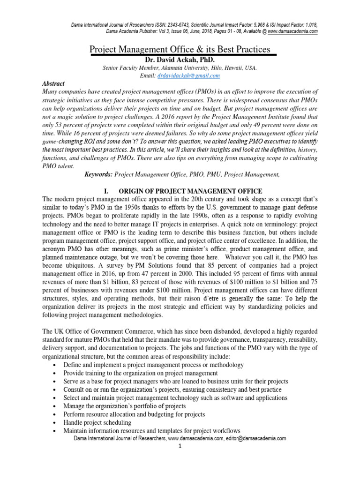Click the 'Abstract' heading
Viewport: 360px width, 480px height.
pyautogui.click(x=53, y=83)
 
